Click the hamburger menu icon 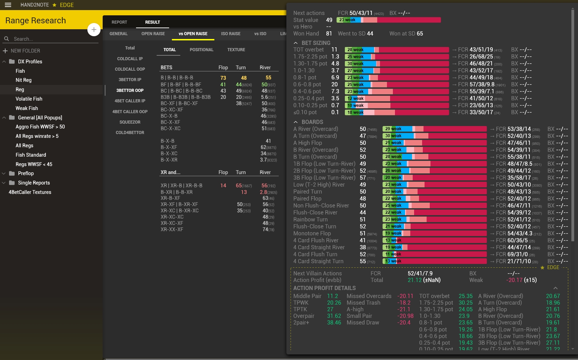[8, 5]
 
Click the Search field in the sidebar [52, 39]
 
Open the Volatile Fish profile [29, 99]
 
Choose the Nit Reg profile [23, 80]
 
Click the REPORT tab [119, 22]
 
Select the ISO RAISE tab [231, 34]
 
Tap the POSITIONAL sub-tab [201, 50]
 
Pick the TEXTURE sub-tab [236, 50]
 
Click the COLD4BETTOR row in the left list [130, 133]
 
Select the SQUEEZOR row [130, 122]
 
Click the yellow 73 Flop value [223, 78]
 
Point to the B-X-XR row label [169, 160]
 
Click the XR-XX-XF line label [172, 229]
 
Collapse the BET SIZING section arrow [295, 43]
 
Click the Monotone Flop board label [312, 233]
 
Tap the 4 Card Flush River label [316, 240]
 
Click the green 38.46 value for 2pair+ [334, 323]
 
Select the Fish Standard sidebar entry [31, 155]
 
